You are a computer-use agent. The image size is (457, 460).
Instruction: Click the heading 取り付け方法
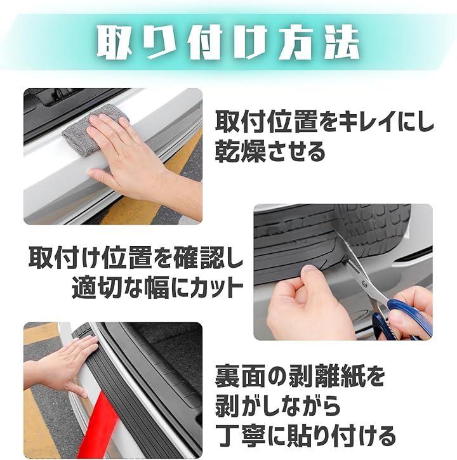tap(228, 42)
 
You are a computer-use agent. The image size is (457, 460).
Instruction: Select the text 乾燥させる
tap(270, 152)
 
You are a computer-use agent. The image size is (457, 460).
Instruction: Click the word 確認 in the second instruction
tap(196, 258)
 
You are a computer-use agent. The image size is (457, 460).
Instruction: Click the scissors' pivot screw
tap(364, 284)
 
